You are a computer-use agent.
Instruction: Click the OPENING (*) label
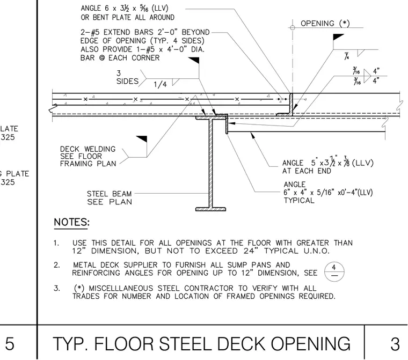[x=325, y=24]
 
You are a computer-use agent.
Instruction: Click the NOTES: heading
[x=71, y=223]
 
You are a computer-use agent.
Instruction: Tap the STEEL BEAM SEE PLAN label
[x=110, y=197]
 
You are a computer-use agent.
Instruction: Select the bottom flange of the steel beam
[x=210, y=209]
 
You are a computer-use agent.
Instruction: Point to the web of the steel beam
[x=211, y=163]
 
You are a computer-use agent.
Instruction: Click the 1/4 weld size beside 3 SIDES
[x=160, y=84]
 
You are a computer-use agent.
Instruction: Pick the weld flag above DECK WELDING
[x=142, y=139]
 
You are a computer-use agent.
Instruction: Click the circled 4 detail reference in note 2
[x=334, y=271]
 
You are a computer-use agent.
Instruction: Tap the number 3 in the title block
[x=395, y=344]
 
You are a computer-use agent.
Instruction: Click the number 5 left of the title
[x=10, y=343]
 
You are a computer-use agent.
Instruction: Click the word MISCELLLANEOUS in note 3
[x=121, y=288]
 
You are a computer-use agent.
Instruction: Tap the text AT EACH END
[x=307, y=171]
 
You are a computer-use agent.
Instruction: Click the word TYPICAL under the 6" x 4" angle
[x=299, y=200]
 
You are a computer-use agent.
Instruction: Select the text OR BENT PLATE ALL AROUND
[x=128, y=17]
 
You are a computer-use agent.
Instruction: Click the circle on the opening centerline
[x=293, y=27]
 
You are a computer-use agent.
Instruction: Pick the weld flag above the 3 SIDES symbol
[x=194, y=60]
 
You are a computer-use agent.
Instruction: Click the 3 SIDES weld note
[x=127, y=77]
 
